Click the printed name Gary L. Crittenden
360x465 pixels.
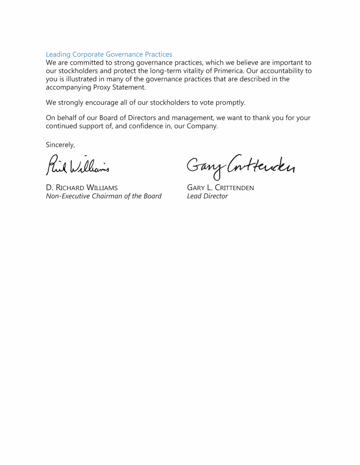click(220, 188)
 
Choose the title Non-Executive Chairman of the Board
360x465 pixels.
click(104, 196)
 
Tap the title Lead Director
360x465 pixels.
click(207, 196)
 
